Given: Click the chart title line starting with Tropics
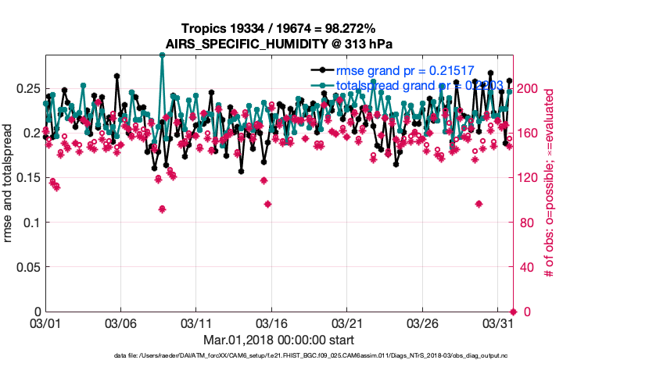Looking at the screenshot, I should coord(278,29).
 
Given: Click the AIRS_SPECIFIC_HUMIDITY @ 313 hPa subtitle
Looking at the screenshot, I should coord(278,44).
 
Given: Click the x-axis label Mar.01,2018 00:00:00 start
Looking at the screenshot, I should coord(278,340).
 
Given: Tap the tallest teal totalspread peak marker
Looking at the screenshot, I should coord(162,55).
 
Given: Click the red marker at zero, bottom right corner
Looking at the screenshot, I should coord(513,312).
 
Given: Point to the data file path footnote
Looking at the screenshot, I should coord(322,356).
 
